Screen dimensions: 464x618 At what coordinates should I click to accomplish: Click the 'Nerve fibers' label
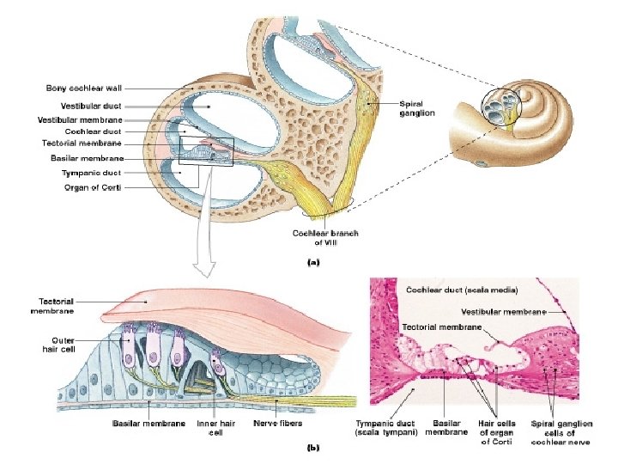[x=278, y=423]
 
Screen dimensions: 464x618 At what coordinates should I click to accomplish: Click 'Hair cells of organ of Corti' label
[x=496, y=432]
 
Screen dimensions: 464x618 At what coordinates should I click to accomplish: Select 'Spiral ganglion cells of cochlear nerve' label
[x=560, y=432]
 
